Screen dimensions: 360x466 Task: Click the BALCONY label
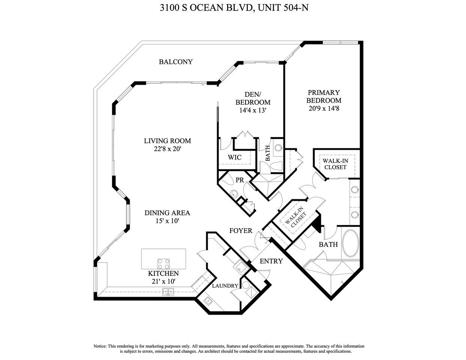(x=175, y=62)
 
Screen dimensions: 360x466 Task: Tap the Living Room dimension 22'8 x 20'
(x=168, y=149)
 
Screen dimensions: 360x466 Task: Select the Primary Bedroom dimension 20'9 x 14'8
(x=324, y=109)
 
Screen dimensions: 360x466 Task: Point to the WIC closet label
(x=235, y=157)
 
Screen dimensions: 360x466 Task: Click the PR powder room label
(x=240, y=180)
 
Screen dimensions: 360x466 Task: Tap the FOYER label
(x=241, y=231)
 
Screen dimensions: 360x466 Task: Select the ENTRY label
(x=271, y=261)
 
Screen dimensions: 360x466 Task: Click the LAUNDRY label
(x=225, y=286)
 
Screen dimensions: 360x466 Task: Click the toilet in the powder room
(x=234, y=194)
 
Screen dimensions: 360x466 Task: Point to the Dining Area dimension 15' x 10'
(x=167, y=221)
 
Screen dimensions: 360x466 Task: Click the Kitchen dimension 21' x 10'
(x=163, y=281)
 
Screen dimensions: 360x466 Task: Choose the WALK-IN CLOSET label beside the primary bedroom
(x=335, y=164)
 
